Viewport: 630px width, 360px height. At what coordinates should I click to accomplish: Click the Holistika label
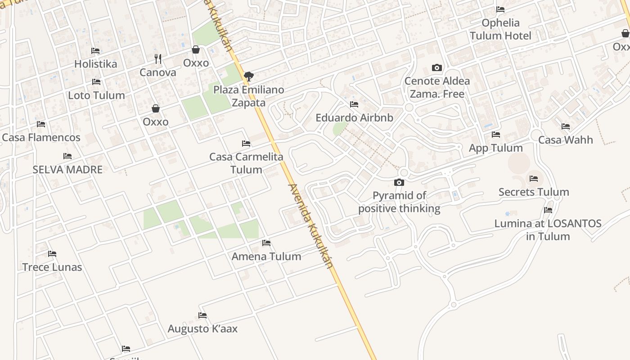(x=95, y=64)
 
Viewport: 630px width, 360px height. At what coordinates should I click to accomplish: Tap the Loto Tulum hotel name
(x=96, y=95)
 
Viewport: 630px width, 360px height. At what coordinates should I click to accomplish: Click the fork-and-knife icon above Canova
(x=157, y=59)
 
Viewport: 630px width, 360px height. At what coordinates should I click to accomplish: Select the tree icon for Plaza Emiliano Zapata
(x=248, y=76)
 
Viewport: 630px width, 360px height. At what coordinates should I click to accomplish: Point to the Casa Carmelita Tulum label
(x=246, y=163)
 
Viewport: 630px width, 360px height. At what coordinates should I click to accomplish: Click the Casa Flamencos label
(x=41, y=137)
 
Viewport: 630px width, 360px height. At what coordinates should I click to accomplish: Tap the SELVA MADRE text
(x=67, y=170)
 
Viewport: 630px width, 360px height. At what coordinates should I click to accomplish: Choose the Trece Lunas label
(x=52, y=267)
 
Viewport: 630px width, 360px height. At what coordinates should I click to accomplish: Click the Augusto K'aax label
(x=202, y=328)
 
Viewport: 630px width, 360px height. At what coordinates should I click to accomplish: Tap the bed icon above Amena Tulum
(x=266, y=243)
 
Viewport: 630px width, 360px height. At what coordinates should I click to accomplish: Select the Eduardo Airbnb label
(x=354, y=118)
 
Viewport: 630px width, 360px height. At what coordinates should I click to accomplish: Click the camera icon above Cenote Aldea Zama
(x=436, y=68)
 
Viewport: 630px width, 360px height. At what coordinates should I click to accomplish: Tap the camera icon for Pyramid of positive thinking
(x=399, y=182)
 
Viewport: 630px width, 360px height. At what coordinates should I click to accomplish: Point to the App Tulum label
(x=495, y=148)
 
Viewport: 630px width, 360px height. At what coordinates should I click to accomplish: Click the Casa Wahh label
(x=566, y=140)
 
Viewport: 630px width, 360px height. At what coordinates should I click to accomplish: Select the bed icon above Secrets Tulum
(x=534, y=179)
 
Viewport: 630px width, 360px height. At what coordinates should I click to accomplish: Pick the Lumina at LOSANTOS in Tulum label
(x=548, y=229)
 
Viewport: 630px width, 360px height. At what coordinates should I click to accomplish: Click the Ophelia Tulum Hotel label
(x=500, y=29)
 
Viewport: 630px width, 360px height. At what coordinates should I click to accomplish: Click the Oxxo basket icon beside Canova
(x=196, y=49)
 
